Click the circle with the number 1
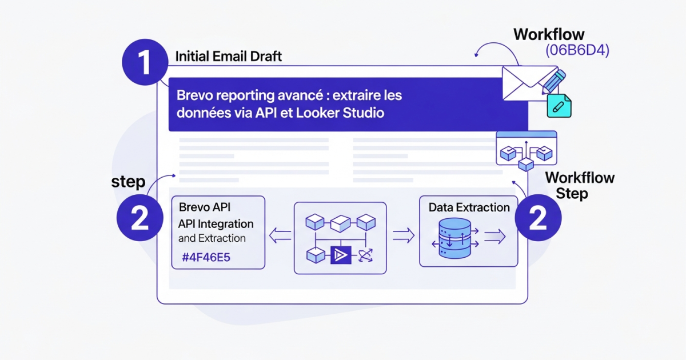click(145, 63)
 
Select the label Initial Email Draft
click(228, 57)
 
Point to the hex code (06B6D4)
click(577, 50)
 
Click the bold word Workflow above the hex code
click(549, 34)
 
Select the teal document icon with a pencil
click(559, 106)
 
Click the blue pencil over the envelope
click(553, 81)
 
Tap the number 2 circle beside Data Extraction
click(537, 218)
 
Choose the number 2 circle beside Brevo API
click(139, 218)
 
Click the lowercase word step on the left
click(128, 182)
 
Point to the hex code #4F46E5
click(206, 257)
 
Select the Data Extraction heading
click(469, 207)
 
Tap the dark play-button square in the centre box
click(340, 255)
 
